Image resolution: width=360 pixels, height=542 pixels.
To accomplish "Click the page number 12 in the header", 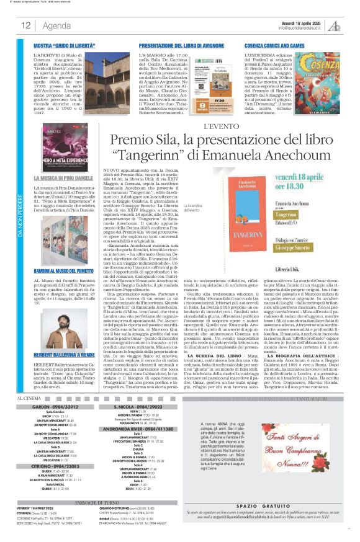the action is coord(26,25).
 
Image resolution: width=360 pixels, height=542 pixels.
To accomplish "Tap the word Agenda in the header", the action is coord(56,25).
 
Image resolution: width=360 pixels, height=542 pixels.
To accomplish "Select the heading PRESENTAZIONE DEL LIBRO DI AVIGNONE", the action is coord(178,47).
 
